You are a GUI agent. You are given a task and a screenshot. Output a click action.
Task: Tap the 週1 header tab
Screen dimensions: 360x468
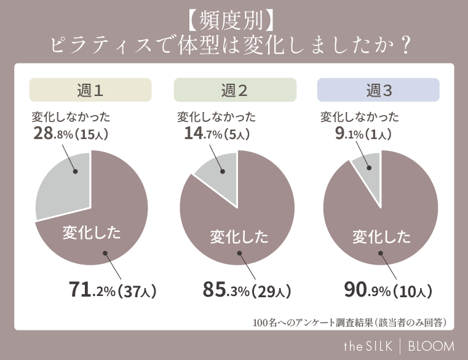click(x=90, y=90)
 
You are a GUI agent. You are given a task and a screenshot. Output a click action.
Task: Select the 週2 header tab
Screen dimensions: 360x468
click(x=234, y=90)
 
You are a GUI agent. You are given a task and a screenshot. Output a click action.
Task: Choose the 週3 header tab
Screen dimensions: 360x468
click(x=378, y=90)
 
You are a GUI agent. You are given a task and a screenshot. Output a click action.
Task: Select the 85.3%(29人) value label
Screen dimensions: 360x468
click(x=246, y=290)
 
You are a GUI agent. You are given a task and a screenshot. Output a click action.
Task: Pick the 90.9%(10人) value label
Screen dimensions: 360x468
click(x=388, y=290)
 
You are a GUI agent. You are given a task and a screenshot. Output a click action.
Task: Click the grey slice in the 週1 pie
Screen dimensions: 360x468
click(x=65, y=185)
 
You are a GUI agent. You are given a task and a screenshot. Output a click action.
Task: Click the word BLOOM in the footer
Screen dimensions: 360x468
click(x=431, y=345)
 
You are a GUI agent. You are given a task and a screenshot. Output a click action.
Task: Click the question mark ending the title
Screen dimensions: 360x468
click(x=405, y=47)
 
